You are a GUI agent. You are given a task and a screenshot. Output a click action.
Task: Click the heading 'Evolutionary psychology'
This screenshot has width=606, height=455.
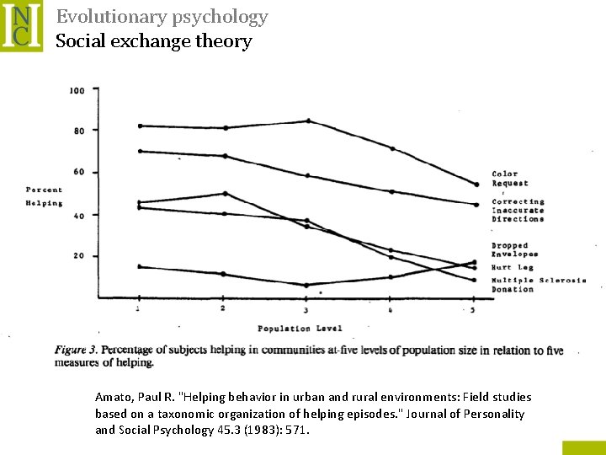coord(162,17)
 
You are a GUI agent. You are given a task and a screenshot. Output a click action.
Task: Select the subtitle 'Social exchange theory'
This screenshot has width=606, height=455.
coord(153,41)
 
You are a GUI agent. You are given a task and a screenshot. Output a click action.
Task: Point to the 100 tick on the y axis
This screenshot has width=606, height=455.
coord(77,90)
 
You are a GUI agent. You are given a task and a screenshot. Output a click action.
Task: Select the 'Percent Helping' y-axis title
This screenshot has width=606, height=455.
coord(44,196)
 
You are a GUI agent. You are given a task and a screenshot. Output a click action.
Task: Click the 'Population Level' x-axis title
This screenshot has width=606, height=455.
coord(300,329)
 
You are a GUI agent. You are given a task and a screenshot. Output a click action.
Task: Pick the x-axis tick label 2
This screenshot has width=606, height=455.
coord(222,309)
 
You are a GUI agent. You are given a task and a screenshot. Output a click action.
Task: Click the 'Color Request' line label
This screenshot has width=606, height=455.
coord(510,179)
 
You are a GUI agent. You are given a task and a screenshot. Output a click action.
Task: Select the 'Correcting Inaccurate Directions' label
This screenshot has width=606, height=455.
coord(518,211)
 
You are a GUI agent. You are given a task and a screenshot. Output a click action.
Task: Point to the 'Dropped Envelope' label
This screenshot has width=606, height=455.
coord(514,249)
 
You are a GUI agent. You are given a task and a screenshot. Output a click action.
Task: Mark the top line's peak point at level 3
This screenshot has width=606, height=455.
coord(308,121)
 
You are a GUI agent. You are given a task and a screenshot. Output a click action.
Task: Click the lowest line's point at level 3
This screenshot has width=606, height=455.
coord(306,285)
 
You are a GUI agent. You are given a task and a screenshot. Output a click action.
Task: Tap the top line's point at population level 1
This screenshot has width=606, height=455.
coord(139,126)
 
